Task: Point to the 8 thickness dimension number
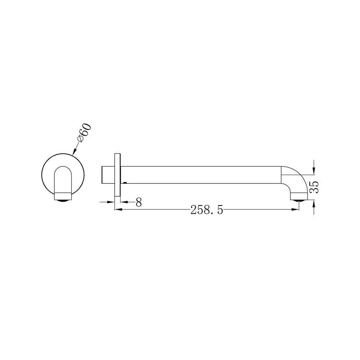point(139,202)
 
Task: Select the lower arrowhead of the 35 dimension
point(314,203)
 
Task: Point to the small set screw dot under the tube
point(124,183)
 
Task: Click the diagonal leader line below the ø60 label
point(77,147)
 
